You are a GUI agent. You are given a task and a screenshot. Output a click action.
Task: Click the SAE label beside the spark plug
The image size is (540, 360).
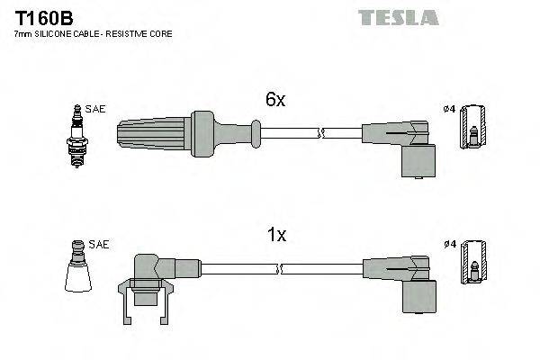(96, 109)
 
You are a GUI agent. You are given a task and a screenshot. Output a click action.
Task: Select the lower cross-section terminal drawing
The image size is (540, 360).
(472, 267)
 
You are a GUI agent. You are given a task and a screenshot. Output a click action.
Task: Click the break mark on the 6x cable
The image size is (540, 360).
(319, 134)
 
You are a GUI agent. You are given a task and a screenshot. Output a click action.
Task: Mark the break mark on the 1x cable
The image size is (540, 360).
(281, 267)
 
